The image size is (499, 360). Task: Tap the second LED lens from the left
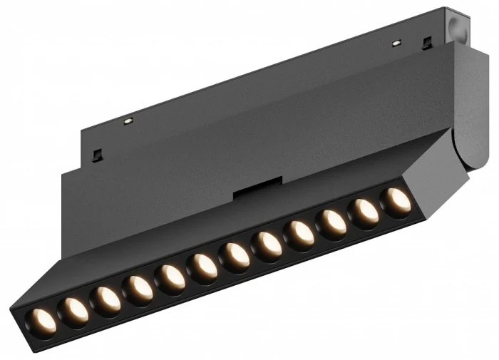click(x=74, y=309)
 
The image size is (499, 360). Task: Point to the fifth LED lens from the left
click(x=171, y=277)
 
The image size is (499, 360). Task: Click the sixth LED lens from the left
click(x=204, y=266)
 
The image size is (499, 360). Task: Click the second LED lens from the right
click(x=365, y=212)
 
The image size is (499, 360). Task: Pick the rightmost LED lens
click(x=397, y=201)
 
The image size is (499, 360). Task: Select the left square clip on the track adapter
click(x=97, y=154)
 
